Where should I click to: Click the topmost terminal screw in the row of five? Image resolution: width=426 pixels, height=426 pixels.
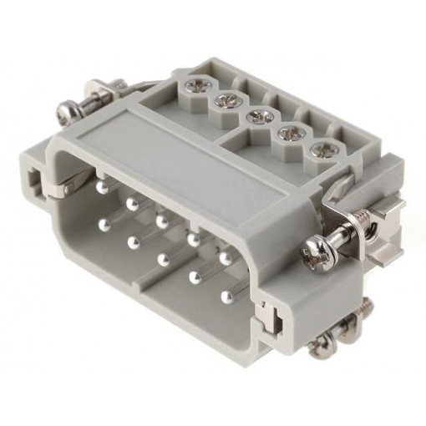[200, 84]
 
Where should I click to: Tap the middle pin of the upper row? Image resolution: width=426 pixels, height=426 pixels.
[160, 221]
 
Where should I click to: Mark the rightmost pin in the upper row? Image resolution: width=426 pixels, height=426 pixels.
[224, 259]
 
